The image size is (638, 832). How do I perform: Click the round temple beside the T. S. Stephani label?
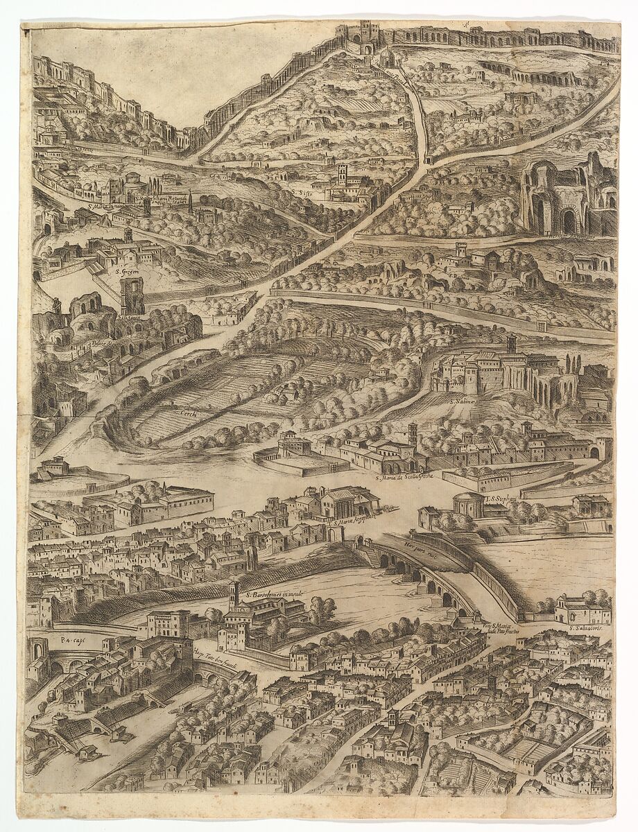pyautogui.click(x=469, y=505)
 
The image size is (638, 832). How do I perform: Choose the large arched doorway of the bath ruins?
pyautogui.click(x=569, y=222)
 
